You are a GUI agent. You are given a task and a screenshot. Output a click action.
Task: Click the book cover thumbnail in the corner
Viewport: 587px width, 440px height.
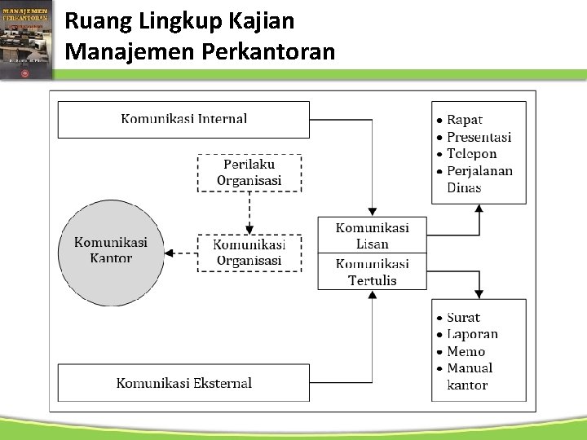coord(27,39)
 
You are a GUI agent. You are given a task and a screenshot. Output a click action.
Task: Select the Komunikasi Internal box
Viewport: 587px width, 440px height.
coord(183,119)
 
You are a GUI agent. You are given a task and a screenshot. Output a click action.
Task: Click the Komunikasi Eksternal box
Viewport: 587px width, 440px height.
coord(183,383)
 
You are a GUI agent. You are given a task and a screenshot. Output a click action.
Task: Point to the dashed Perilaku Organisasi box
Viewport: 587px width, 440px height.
coord(249,173)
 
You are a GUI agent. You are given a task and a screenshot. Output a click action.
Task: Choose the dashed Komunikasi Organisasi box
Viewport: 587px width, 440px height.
coord(249,253)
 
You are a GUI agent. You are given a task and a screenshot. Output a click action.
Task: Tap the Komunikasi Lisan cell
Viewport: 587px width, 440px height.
coord(372,235)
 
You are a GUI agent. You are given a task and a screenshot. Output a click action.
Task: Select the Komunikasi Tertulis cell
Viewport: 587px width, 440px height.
coord(372,272)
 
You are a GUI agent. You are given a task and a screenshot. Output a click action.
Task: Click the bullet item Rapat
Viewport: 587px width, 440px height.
coord(465,120)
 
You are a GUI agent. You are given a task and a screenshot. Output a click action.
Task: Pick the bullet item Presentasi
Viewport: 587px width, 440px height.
coord(479,137)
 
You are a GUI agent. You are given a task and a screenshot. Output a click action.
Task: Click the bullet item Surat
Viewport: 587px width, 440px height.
coord(463,318)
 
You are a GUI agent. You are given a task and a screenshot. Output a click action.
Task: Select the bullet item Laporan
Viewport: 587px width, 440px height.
coord(472,334)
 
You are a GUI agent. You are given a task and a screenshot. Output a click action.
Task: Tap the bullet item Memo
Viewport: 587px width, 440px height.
coord(466,351)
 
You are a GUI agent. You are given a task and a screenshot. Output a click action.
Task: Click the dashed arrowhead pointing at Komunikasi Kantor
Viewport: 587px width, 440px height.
coord(169,253)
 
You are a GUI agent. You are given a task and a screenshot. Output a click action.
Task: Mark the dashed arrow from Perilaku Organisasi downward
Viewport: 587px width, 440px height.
coord(249,213)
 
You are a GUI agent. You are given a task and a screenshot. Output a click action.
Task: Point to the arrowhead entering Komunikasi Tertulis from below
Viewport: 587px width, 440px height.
coord(372,295)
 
